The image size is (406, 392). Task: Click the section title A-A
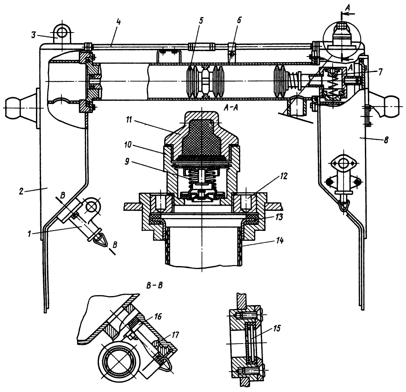231,109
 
